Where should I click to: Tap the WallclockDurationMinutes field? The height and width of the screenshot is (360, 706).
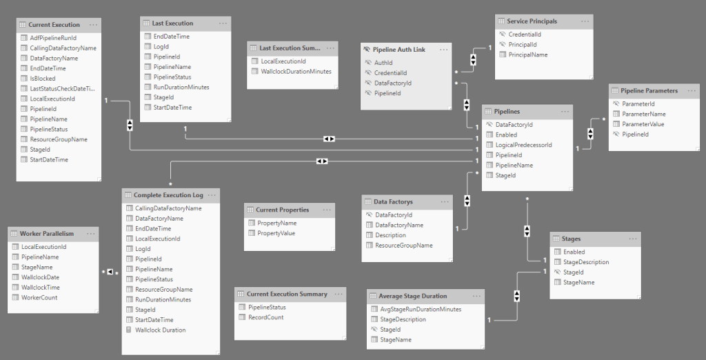coord(296,71)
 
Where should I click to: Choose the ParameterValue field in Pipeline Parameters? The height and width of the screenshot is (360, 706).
coord(643,124)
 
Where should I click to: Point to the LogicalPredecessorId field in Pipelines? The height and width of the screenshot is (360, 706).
coord(523,145)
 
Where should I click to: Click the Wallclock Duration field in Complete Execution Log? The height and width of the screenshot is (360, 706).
coord(160,330)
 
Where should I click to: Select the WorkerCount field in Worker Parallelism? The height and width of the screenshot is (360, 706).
coord(39,297)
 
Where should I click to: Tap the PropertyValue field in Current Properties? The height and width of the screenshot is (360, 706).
coord(276,233)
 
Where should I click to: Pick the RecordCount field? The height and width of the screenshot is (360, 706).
coord(265,317)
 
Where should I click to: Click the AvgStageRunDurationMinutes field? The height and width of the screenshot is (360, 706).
coord(421,309)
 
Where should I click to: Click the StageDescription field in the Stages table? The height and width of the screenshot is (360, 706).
coord(586,262)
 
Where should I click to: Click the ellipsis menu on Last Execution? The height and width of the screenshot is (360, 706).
coord(223,23)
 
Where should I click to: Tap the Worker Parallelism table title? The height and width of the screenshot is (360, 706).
coord(46,234)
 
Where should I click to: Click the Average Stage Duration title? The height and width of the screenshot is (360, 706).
coord(412,297)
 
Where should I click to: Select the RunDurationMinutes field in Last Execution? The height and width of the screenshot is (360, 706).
coord(181,87)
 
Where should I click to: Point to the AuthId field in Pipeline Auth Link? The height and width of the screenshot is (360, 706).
coord(383,62)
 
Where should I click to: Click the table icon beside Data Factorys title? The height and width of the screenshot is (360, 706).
coord(368,202)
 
